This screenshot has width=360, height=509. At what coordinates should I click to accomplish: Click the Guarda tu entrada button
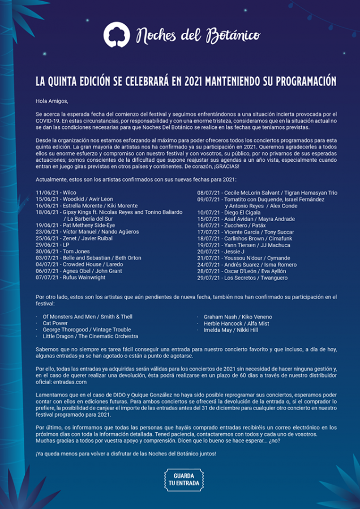coord(179,480)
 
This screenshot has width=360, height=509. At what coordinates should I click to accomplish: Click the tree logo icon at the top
coord(116,34)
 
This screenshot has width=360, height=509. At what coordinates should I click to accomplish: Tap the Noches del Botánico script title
coord(198,36)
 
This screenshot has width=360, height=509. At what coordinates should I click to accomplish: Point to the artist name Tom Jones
coord(76,252)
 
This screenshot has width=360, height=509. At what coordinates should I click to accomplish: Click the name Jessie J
coord(234,252)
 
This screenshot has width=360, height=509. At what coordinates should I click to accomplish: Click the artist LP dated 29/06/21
coord(66,245)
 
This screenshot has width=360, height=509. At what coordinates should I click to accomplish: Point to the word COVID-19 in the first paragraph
coord(48,120)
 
